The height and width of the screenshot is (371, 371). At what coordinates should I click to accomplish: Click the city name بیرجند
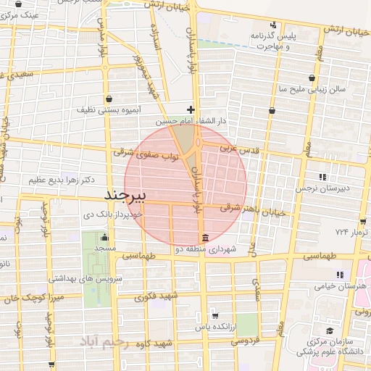(125, 196)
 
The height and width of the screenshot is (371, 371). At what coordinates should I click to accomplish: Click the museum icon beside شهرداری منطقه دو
(205, 238)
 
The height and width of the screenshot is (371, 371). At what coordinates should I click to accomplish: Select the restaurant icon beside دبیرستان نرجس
(322, 176)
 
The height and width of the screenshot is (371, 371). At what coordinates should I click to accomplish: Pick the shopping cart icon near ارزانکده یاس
(215, 315)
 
